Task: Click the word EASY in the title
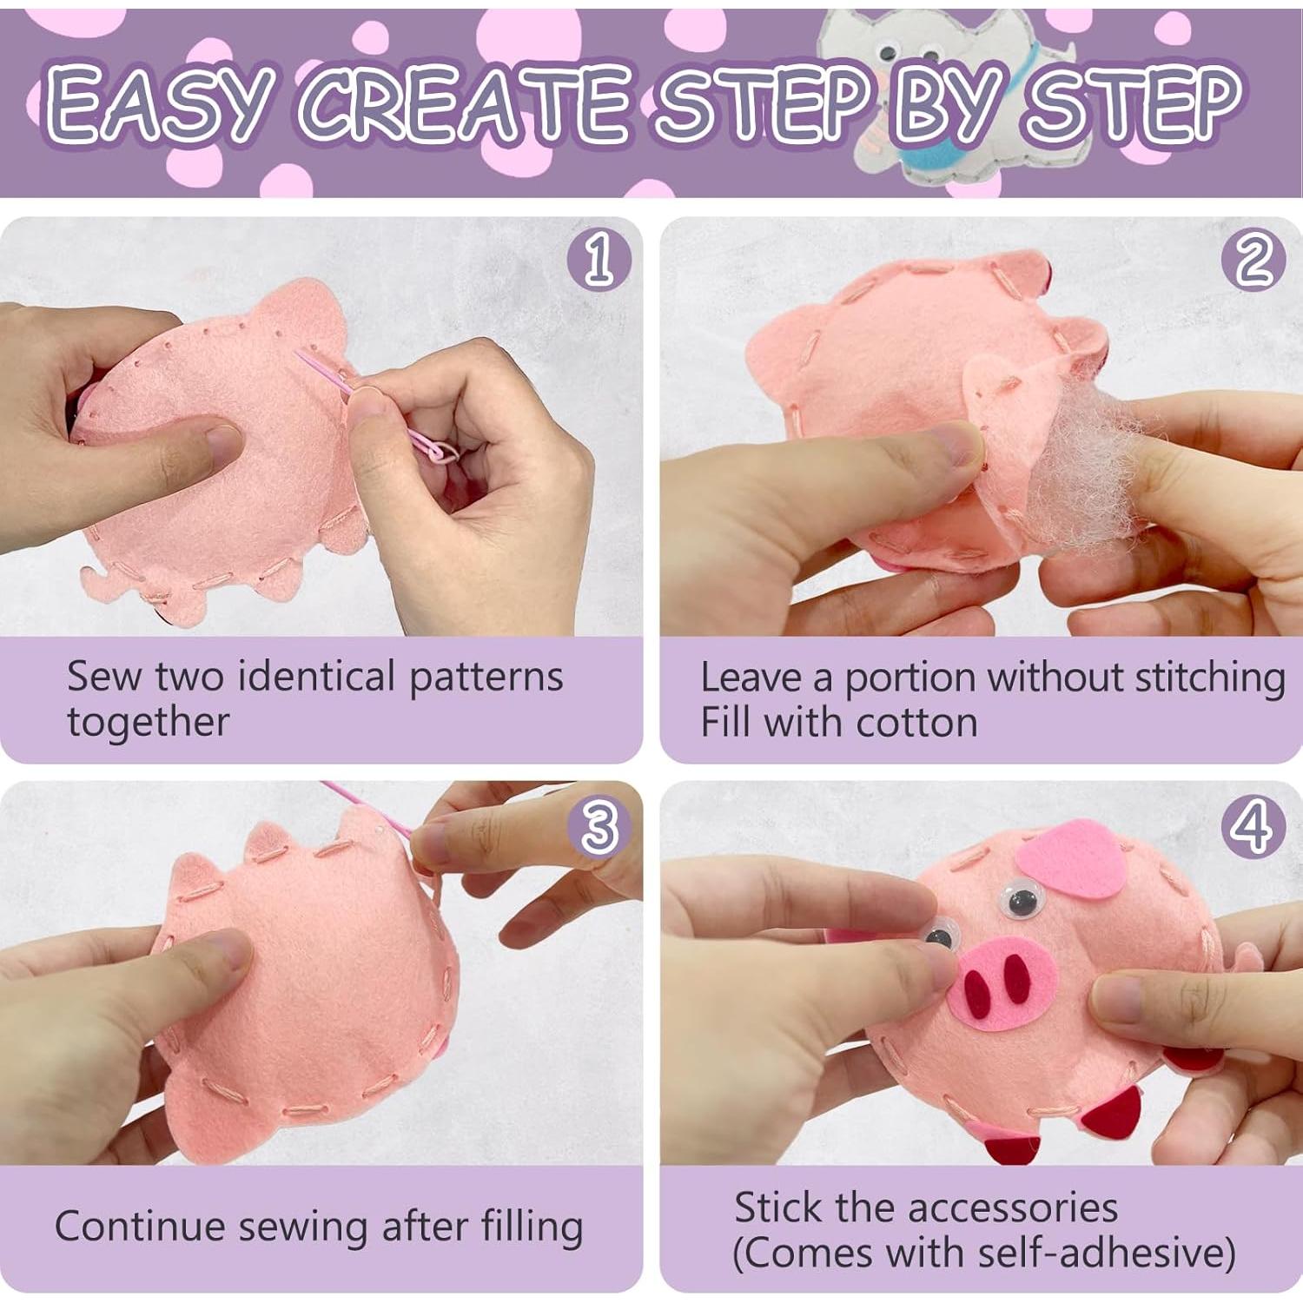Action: click(156, 104)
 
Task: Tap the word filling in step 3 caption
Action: click(532, 1227)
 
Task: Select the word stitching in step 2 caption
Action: click(1210, 678)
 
